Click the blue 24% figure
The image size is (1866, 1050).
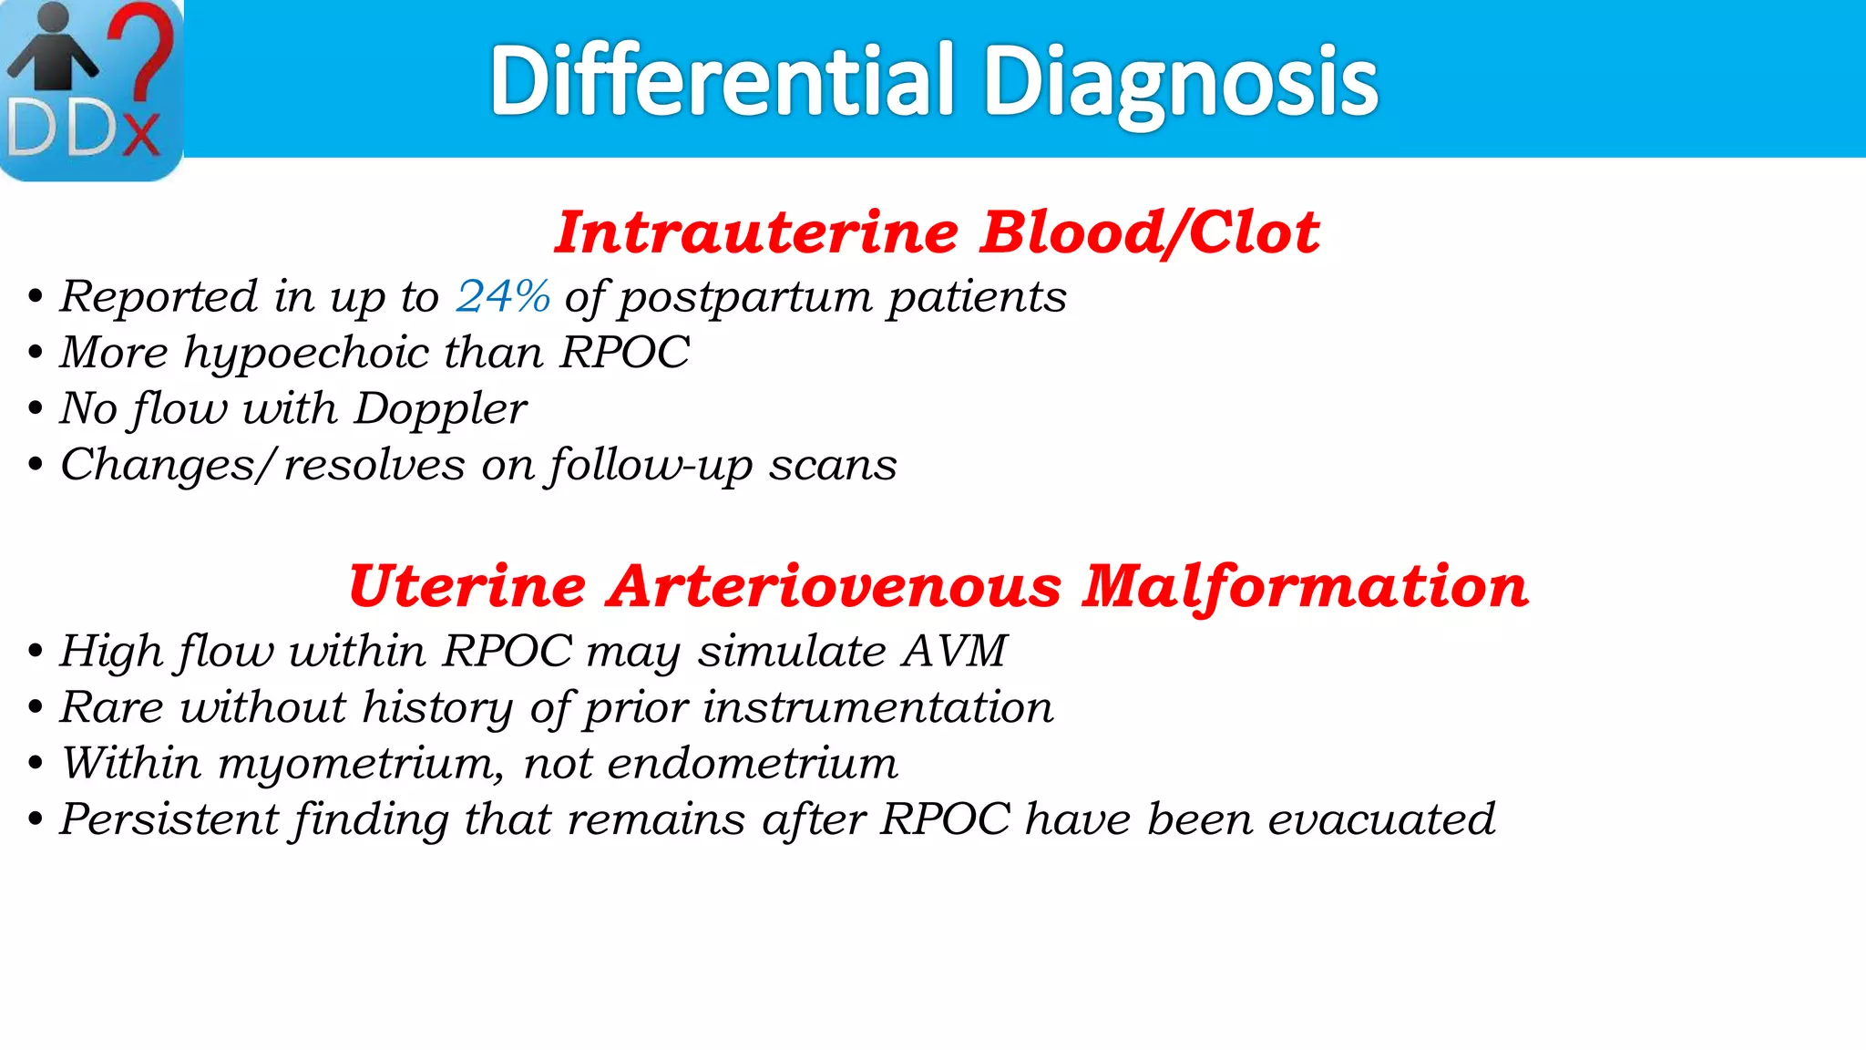click(503, 296)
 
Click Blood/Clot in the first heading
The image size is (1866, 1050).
click(1150, 232)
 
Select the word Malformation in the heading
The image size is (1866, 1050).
click(1305, 586)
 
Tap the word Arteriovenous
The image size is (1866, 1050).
click(835, 586)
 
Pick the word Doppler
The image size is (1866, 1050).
click(440, 409)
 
